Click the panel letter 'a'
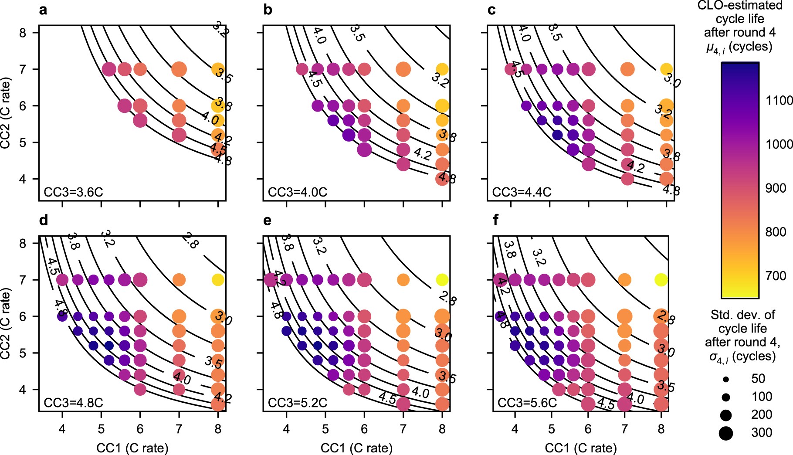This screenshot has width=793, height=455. click(x=43, y=10)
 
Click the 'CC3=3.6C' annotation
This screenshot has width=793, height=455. click(x=73, y=192)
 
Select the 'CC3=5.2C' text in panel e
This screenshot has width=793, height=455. click(x=298, y=403)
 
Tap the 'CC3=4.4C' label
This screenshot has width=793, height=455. click(x=522, y=192)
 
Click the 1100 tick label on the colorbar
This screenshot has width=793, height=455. click(x=779, y=101)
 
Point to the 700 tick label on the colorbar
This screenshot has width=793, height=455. click(x=776, y=276)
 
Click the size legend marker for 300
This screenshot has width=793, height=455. click(x=726, y=433)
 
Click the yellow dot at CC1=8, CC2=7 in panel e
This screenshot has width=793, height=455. click(x=442, y=280)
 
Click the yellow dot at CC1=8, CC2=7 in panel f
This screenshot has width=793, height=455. click(x=661, y=280)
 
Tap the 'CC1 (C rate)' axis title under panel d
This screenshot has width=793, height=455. click(x=132, y=448)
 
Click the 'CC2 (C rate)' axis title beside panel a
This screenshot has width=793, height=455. click(x=6, y=113)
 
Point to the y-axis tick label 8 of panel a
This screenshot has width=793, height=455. click(x=23, y=33)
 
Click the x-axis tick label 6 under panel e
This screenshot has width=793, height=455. click(x=364, y=429)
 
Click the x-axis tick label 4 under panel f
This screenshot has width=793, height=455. click(x=515, y=429)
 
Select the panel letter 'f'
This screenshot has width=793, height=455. click(x=496, y=221)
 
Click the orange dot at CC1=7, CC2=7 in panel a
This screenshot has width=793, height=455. click(x=179, y=69)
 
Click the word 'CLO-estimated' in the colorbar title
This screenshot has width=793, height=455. click(x=739, y=6)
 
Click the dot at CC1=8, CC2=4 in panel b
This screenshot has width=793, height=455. click(x=442, y=179)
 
